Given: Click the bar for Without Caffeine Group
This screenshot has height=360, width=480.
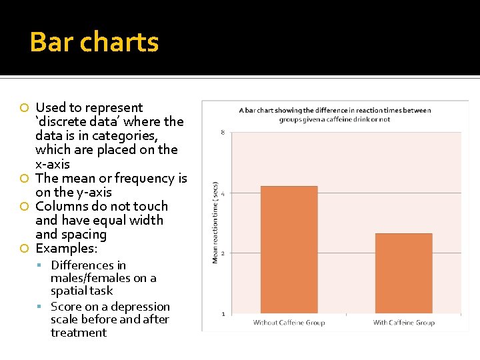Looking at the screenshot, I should pyautogui.click(x=289, y=249).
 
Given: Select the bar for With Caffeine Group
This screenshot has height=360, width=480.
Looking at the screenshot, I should pyautogui.click(x=403, y=273).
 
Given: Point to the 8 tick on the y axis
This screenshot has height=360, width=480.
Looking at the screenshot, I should pyautogui.click(x=222, y=133).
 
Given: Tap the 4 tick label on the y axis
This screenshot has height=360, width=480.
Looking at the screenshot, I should pyautogui.click(x=222, y=193).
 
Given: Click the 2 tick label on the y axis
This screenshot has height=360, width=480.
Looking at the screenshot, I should pyautogui.click(x=222, y=253).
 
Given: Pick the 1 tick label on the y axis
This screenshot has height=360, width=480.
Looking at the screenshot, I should pyautogui.click(x=222, y=314).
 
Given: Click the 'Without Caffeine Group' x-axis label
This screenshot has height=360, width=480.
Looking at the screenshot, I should pyautogui.click(x=289, y=323).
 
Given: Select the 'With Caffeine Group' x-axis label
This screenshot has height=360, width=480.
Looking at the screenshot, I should pyautogui.click(x=403, y=323).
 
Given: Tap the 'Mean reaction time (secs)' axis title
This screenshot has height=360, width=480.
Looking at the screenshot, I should pyautogui.click(x=215, y=222).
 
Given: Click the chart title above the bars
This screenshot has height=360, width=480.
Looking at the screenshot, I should pyautogui.click(x=335, y=115).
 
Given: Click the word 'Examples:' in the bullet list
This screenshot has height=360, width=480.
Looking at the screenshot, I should pyautogui.click(x=66, y=249).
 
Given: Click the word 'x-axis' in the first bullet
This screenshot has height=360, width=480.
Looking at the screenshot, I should pyautogui.click(x=53, y=164).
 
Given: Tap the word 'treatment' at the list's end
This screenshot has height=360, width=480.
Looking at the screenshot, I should pyautogui.click(x=78, y=333).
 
